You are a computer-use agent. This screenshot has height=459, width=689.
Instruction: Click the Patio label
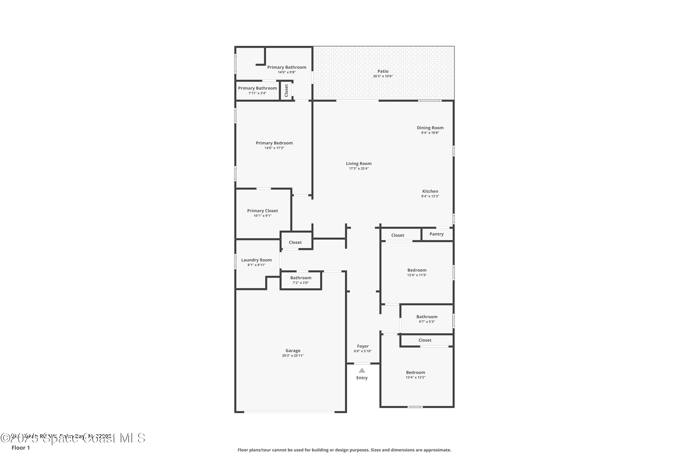383,71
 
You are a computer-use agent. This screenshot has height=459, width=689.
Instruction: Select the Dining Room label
430,128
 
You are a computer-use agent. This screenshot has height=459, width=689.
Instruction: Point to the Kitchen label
430,191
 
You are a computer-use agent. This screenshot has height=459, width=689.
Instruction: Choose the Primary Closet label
262,211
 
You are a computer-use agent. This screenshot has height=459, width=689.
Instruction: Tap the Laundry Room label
256,260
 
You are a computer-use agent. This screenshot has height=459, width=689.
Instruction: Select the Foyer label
363,346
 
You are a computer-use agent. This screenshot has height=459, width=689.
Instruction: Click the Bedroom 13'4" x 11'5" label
417,270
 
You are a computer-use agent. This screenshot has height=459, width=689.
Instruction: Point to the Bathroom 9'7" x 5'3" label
426,317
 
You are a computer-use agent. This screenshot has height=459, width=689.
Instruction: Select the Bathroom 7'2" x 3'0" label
301,278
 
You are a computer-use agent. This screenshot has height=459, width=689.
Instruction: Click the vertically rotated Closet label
286,91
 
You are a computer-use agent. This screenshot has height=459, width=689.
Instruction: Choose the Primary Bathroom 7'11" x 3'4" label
257,88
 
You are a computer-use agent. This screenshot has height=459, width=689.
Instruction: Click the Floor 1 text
20,448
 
